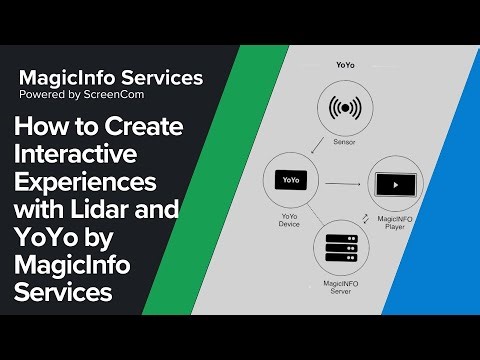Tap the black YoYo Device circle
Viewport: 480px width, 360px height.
click(291, 181)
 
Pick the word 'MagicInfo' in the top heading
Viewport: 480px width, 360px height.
click(63, 77)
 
